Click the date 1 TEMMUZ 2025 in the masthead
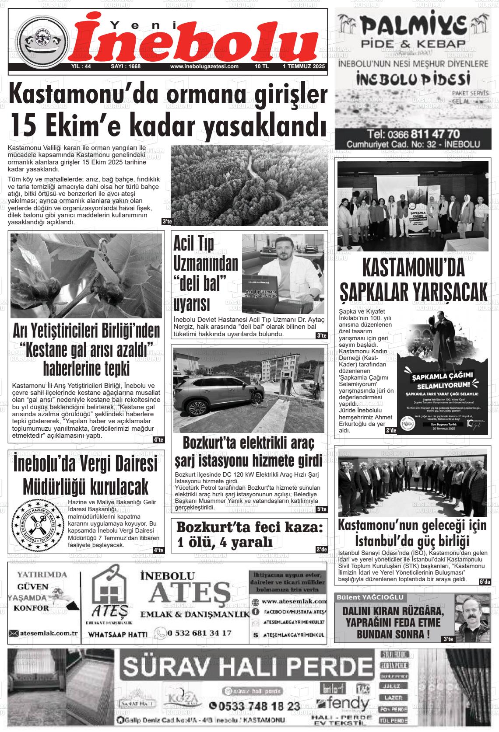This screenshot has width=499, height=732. [x=303, y=67]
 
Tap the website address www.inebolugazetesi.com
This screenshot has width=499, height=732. [x=204, y=67]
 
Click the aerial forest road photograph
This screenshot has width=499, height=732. [x=249, y=185]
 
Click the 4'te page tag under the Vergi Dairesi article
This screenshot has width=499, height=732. [x=158, y=550]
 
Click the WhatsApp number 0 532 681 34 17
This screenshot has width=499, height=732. [x=199, y=633]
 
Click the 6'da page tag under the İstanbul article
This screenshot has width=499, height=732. [x=485, y=582]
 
